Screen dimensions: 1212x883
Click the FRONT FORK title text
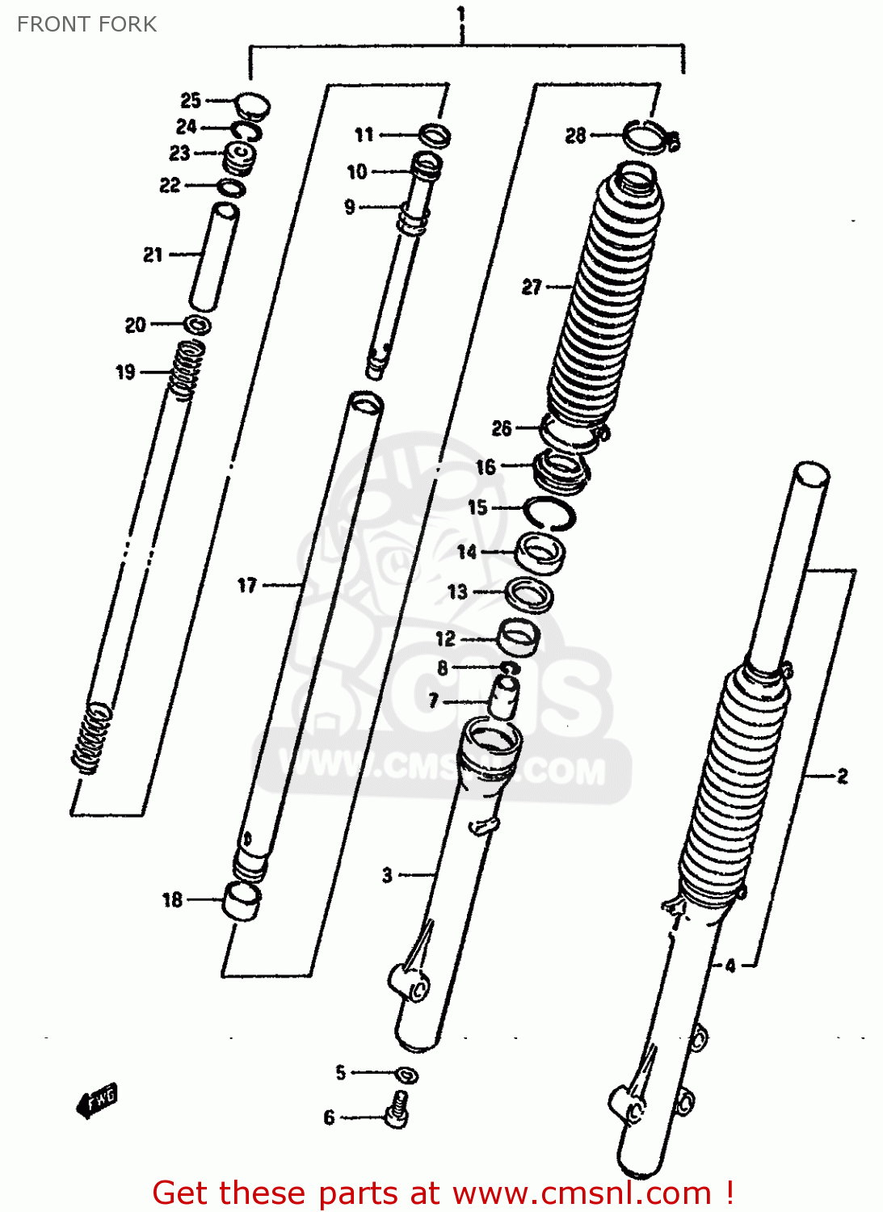(86, 24)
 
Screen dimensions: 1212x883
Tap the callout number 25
(191, 100)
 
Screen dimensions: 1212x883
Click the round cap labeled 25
(252, 106)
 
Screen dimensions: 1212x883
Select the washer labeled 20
(198, 325)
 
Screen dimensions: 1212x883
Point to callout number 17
(247, 585)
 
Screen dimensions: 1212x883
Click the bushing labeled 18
(242, 900)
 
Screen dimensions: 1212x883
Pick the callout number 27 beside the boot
(532, 287)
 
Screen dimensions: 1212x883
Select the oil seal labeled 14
(540, 553)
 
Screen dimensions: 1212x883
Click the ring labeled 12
(518, 637)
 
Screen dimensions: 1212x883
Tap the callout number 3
(388, 874)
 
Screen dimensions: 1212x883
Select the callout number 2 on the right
(843, 776)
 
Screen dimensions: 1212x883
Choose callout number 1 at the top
(461, 14)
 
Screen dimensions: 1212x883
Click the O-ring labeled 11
(435, 135)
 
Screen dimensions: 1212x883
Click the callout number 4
(730, 965)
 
